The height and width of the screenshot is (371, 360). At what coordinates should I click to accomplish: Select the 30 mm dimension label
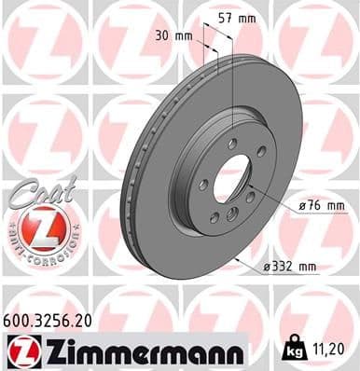pos(177,35)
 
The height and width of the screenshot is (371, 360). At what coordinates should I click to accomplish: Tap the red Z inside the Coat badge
pos(35,227)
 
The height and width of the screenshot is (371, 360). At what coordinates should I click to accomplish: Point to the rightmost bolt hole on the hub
pos(262,151)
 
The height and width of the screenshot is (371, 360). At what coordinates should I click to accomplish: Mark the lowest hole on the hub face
pos(216,218)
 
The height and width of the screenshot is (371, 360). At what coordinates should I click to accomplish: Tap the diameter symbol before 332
pos(267,267)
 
